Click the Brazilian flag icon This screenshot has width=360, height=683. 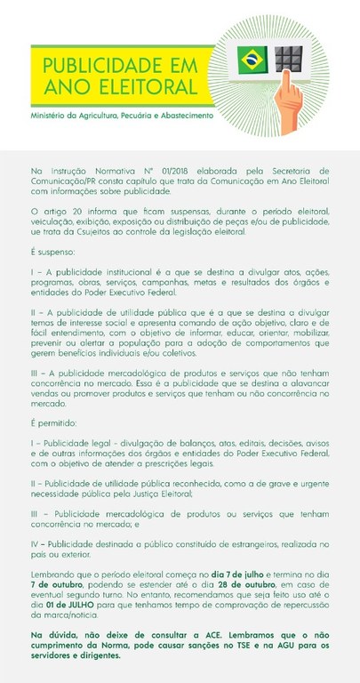pos(252,60)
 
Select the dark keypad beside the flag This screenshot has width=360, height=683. pos(288,60)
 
